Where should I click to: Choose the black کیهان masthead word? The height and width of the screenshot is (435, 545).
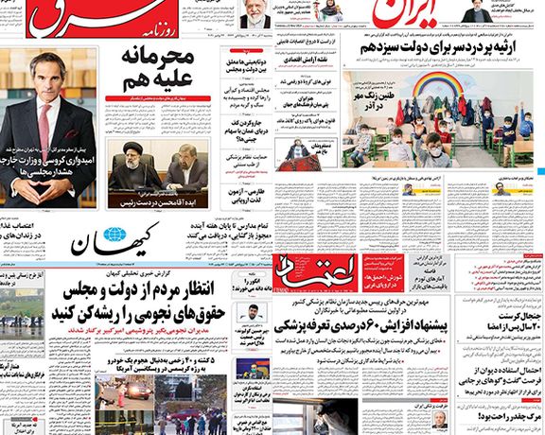[x=151, y=236]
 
